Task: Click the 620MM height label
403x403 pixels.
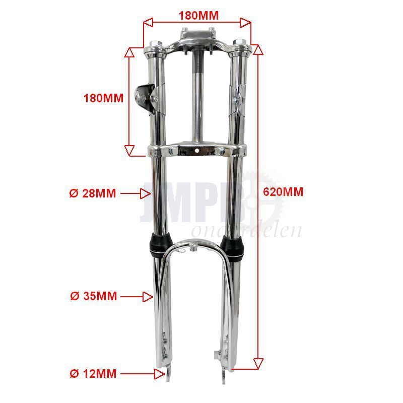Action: (x=283, y=192)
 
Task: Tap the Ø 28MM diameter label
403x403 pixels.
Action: (x=93, y=193)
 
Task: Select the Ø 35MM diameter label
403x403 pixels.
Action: (x=94, y=296)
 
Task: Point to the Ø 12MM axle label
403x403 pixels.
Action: (x=93, y=373)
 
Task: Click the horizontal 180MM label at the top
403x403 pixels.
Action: (x=198, y=16)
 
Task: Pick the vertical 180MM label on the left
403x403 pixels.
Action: (x=104, y=98)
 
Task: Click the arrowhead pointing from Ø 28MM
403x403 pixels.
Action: (x=145, y=193)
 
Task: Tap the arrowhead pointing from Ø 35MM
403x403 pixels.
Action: (x=148, y=297)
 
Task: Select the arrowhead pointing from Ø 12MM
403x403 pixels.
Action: (x=159, y=374)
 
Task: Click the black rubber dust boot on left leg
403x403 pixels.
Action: (x=160, y=245)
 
